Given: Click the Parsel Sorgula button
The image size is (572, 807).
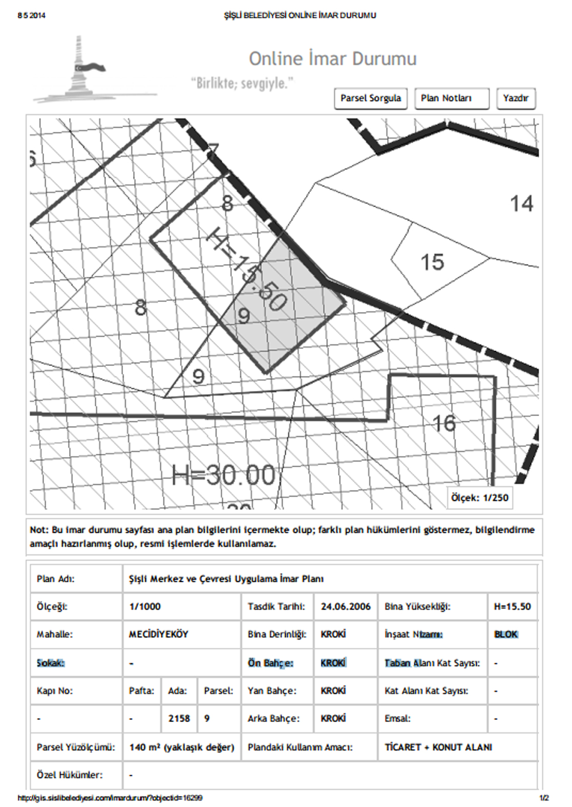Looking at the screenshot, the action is click(371, 98).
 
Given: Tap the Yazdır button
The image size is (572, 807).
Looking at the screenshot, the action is click(516, 98).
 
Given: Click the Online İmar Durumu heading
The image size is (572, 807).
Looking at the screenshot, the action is click(333, 58).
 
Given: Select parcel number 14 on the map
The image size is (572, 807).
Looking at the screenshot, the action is click(521, 204).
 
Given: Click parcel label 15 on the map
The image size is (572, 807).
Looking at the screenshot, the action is click(432, 262).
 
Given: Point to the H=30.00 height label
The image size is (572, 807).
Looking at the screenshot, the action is click(223, 475).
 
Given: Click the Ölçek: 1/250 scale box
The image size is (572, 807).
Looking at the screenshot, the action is click(480, 497).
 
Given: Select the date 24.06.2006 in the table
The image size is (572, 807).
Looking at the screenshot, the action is click(346, 606).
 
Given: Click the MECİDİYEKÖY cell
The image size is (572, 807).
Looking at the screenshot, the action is click(159, 634).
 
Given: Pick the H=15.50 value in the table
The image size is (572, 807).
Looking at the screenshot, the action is click(512, 606).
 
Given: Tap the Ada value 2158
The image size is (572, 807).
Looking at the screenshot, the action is click(179, 718).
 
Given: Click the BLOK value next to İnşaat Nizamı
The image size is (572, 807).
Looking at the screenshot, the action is click(506, 634).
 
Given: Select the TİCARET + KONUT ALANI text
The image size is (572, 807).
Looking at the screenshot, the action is click(438, 747).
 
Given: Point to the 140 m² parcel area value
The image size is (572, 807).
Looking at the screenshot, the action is click(182, 747).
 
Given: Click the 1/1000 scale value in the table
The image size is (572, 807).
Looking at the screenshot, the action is click(145, 606).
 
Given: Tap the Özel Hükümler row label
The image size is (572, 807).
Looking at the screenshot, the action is click(70, 775).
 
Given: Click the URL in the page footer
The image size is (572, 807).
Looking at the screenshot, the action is click(110, 798).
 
